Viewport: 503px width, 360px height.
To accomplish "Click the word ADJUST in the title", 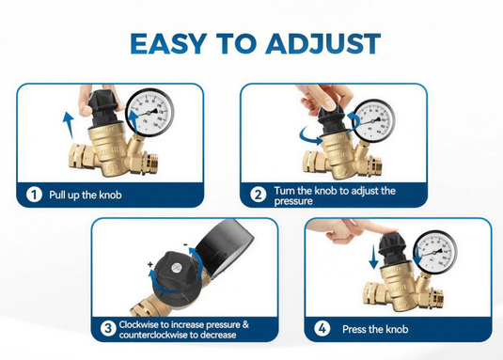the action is [323, 43].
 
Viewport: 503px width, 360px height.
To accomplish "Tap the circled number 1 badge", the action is [34, 195].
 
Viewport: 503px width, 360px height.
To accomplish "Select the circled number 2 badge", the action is [259, 195].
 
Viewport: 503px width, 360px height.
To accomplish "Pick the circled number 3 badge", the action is [108, 329].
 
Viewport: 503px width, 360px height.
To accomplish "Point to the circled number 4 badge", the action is [322, 329].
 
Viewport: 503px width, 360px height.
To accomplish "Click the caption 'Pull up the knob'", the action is [86, 195].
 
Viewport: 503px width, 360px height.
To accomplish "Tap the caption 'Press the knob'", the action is [375, 329].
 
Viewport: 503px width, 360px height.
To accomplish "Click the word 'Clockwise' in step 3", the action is [139, 324].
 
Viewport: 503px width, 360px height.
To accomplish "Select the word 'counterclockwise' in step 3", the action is [153, 335].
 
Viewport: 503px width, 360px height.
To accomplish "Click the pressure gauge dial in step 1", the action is [149, 113].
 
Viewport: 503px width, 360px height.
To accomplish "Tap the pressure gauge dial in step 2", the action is [373, 121].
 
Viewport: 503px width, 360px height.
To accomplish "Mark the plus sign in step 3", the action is [150, 264].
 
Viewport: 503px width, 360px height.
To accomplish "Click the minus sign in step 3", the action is [185, 245].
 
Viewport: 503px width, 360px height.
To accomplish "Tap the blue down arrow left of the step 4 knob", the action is [373, 257].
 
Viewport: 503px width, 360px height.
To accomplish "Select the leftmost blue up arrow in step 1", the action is [69, 125].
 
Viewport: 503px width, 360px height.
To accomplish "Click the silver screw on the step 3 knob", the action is [176, 268].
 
